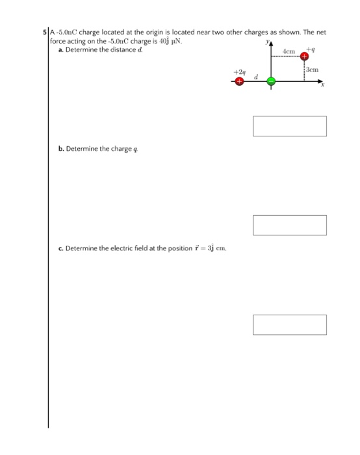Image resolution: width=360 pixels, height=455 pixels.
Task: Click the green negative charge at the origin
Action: point(271,82)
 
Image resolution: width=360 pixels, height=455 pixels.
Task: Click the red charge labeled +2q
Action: point(239,82)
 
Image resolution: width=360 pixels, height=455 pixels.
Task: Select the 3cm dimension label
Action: point(314,69)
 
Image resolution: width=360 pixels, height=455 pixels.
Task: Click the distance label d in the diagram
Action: point(255,76)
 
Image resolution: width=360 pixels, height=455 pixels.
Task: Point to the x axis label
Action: point(321,92)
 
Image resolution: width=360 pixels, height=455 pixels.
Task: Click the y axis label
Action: point(266,41)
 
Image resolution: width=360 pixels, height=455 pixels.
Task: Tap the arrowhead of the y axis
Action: point(271,43)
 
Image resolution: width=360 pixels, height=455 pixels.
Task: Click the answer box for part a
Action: point(289,126)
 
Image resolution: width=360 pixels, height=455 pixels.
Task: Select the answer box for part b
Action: point(289,225)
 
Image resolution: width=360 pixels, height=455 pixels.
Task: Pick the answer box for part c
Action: point(289,324)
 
